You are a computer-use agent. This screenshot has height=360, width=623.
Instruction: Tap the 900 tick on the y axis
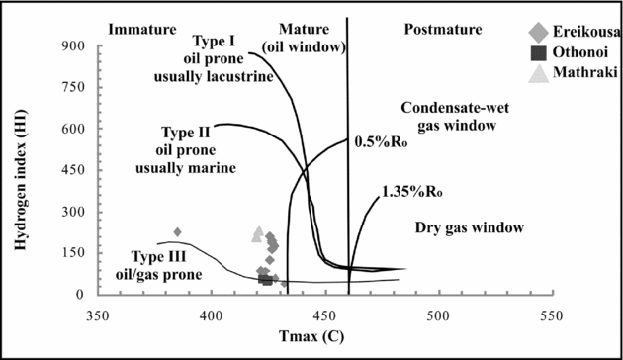coord(74,46)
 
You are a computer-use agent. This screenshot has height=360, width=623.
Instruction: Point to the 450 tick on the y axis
coord(74,170)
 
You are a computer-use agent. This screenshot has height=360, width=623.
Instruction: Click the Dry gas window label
coord(468,227)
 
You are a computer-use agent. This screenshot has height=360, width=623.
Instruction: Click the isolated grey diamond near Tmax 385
coord(178,232)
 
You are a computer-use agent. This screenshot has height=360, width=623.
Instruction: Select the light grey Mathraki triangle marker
coord(258,234)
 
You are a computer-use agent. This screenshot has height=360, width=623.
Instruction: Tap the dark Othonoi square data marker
coord(265,280)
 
